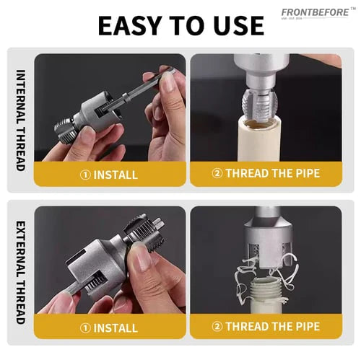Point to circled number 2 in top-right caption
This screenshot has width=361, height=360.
[x=216, y=173]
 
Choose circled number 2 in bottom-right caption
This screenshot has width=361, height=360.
[x=216, y=326]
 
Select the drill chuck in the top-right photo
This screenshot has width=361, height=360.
[x=261, y=69]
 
